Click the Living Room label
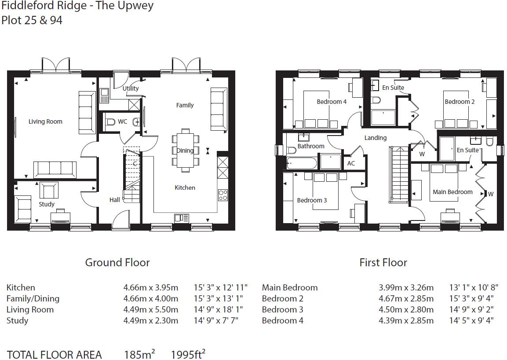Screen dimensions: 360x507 click(45, 121)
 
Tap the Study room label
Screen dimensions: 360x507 click(47, 204)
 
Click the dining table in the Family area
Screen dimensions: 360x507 click(185, 151)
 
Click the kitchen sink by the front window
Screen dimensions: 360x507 click(181, 217)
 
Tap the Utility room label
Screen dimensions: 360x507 click(131, 88)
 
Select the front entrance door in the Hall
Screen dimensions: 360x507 click(120, 220)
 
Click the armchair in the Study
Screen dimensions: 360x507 click(48, 190)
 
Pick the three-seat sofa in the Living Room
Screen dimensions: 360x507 click(55, 169)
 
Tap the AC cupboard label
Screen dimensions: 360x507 click(351, 163)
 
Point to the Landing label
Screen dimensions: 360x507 click(376, 138)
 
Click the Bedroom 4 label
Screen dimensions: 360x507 click(332, 102)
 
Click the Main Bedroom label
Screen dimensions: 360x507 click(452, 192)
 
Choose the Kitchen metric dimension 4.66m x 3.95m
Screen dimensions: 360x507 click(150, 287)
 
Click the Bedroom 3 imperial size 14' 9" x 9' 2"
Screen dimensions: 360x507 click(471, 309)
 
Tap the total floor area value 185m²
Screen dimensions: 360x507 click(139, 354)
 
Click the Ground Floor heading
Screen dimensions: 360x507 click(117, 263)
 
